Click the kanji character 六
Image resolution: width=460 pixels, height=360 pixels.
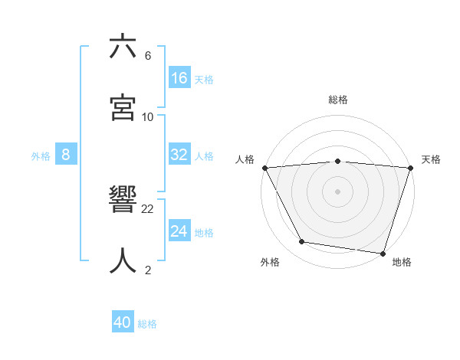pyautogui.click(x=123, y=47)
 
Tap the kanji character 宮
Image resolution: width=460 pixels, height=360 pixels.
pyautogui.click(x=123, y=108)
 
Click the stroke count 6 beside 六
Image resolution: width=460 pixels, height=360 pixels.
pyautogui.click(x=148, y=56)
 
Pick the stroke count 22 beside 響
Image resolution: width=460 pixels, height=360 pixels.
pyautogui.click(x=148, y=209)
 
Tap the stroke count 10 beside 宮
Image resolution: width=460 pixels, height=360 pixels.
pyautogui.click(x=148, y=117)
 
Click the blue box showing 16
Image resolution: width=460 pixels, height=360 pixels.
pyautogui.click(x=179, y=78)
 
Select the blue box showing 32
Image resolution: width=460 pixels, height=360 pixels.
pyautogui.click(x=179, y=155)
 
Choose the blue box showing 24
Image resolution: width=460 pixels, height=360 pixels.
pyautogui.click(x=179, y=231)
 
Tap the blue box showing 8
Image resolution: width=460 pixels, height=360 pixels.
pyautogui.click(x=66, y=155)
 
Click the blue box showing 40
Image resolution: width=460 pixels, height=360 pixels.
pyautogui.click(x=123, y=322)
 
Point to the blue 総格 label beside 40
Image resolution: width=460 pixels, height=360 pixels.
pyautogui.click(x=147, y=324)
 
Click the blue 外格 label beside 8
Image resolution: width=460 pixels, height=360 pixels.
pyautogui.click(x=41, y=156)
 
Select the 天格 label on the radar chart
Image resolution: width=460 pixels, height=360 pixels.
pyautogui.click(x=431, y=159)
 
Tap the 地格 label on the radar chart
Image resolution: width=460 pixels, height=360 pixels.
pyautogui.click(x=402, y=262)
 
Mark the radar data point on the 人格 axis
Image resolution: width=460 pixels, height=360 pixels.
pyautogui.click(x=265, y=168)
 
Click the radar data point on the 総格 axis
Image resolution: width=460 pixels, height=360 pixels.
pyautogui.click(x=338, y=161)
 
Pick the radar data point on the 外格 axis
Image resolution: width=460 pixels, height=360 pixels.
pyautogui.click(x=302, y=242)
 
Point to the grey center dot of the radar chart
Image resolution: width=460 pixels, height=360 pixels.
pyautogui.click(x=338, y=191)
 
